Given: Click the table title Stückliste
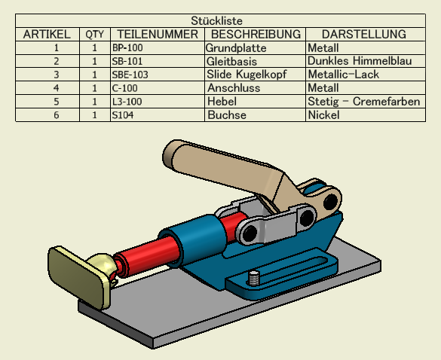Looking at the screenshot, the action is [216, 21].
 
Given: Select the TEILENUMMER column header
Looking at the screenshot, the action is [158, 35].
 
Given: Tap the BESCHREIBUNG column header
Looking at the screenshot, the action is [256, 35].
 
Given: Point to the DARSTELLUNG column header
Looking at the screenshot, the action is [364, 35].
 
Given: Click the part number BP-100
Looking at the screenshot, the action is [127, 47].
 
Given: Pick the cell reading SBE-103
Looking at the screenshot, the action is [130, 75].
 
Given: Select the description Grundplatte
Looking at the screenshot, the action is [236, 48].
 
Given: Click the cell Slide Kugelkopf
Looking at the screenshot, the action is [247, 75].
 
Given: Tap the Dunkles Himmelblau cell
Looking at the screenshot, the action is [360, 61].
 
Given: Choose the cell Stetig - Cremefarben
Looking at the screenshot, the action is [364, 102].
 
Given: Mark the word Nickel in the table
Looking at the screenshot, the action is [323, 115].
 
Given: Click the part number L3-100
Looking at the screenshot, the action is [127, 102].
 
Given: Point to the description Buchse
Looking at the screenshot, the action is [227, 115].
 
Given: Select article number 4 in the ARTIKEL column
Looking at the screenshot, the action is [57, 88].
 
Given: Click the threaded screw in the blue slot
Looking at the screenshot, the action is [254, 278].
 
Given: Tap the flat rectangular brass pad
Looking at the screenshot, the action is [78, 277].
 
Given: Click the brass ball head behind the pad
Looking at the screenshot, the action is [102, 264].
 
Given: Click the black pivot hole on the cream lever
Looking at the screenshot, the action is [330, 201].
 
